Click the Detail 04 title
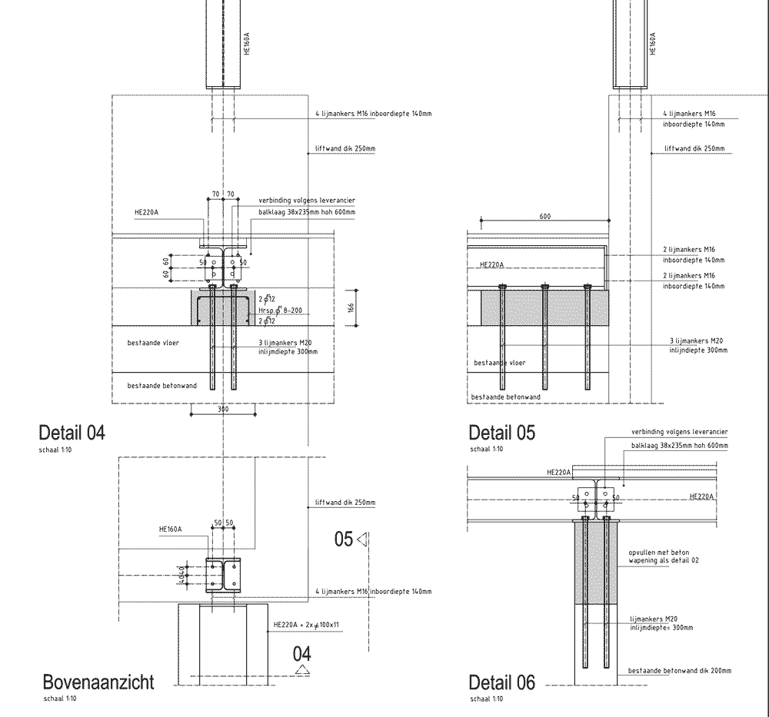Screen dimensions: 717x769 [x=72, y=433]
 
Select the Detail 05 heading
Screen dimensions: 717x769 [x=501, y=433]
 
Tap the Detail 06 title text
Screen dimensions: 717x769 [x=501, y=682]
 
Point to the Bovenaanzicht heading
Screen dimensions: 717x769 [x=98, y=682]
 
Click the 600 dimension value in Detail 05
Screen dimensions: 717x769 [x=544, y=217]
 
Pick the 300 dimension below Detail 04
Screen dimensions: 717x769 [x=222, y=410]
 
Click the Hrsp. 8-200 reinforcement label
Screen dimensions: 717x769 [x=277, y=310]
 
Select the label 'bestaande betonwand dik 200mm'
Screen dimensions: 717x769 [x=680, y=671]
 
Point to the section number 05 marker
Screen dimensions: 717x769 [x=344, y=539]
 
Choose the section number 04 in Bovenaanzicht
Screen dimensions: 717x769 [x=302, y=655]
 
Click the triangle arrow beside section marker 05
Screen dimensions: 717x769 [x=363, y=539]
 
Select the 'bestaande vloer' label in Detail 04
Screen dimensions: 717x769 [x=153, y=343]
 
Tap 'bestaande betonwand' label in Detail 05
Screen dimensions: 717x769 [x=505, y=397]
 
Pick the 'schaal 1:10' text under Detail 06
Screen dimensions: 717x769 [x=486, y=699]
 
